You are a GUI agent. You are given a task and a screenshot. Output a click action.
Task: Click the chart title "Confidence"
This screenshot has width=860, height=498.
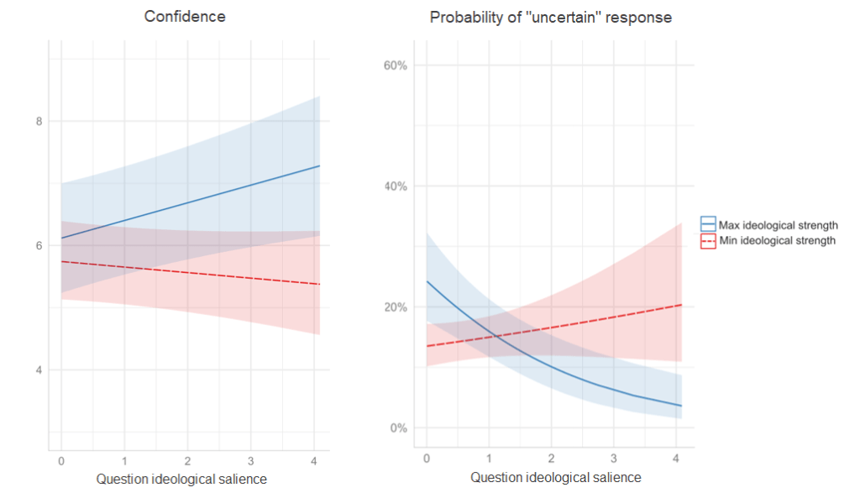[185, 17]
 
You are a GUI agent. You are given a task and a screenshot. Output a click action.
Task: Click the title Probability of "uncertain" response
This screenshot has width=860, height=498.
[551, 17]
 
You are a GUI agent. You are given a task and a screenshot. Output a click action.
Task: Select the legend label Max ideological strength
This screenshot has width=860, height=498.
[779, 225]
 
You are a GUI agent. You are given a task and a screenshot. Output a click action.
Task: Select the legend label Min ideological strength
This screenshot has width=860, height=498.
[777, 241]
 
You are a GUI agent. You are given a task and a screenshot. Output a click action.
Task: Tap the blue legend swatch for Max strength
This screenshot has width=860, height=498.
[708, 225]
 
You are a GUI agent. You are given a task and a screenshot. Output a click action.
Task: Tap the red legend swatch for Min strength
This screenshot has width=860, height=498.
[708, 241]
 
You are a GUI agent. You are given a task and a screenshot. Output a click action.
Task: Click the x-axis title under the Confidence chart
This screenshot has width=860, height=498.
[181, 480]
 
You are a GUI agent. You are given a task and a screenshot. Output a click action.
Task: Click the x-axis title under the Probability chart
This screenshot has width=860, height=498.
[555, 478]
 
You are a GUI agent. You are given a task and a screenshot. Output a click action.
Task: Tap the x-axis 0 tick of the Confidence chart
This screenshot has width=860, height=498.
[61, 461]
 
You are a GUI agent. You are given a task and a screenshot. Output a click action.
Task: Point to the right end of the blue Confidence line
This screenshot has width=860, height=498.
[319, 166]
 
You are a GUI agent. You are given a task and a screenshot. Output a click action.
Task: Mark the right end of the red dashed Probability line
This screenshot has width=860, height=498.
[681, 305]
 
